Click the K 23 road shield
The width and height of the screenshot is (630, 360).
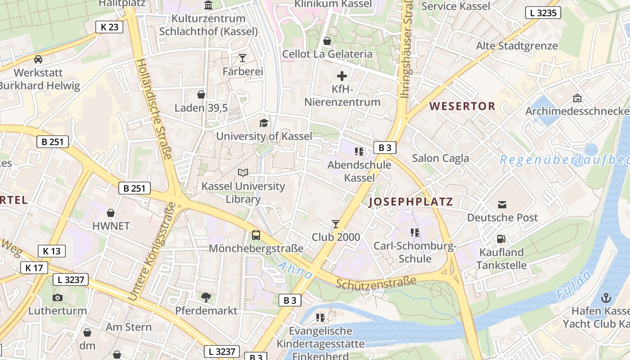pos(109,27)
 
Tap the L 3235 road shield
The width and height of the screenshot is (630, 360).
pos(543,13)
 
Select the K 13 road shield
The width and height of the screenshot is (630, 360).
pos(52,251)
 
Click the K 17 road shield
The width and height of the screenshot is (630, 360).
pos(34,268)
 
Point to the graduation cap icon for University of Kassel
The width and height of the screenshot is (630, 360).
pos(264,123)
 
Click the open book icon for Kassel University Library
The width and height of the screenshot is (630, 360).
pos(243,172)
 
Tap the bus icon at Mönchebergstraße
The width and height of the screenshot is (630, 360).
pos(256,235)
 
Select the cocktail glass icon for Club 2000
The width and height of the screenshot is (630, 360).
pos(335,224)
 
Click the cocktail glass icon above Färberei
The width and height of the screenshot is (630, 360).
pos(243,58)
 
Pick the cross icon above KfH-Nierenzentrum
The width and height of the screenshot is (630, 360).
pos(342,76)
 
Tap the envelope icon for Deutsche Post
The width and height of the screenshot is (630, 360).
pos(502,205)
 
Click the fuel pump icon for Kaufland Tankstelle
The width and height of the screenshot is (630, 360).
pos(501,239)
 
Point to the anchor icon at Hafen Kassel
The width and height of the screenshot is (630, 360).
pos(607,297)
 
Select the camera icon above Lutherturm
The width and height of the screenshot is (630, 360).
pos(58,297)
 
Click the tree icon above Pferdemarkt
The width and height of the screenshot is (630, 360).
pos(206,297)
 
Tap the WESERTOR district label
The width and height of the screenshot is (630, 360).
pos(462,107)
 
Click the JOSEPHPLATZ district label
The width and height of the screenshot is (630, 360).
pos(411,202)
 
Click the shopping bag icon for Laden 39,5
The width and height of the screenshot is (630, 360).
pos(201,94)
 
